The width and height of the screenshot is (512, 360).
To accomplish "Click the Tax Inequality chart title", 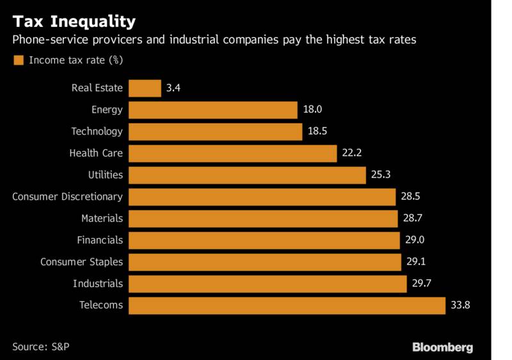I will tap(74, 21).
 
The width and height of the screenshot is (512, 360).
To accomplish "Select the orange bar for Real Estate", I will tap(145, 88).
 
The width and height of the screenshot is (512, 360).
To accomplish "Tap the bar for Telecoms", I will tap(287, 305).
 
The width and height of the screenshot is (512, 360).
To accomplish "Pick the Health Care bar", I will tap(232, 153).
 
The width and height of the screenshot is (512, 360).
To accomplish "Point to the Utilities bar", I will tap(247, 175).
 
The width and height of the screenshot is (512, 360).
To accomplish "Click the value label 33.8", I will tap(460, 305).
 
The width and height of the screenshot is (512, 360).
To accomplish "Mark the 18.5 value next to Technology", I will tap(318, 131).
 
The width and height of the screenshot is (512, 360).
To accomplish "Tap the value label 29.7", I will tap(422, 283).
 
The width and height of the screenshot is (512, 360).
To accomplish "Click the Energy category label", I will tap(107, 110).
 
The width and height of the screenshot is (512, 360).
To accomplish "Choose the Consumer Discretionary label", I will tap(67, 197).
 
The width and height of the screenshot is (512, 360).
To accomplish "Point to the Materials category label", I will tap(102, 218).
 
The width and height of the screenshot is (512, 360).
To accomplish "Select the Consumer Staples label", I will tap(81, 261).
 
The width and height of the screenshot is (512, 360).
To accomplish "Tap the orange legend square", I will tap(18, 61).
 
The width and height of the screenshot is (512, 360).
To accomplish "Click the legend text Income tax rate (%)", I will tap(76, 61).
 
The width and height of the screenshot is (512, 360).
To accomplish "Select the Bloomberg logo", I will tap(442, 347).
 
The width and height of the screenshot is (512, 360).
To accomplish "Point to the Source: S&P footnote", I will tap(40, 347).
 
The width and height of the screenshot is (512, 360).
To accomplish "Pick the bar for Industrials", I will tap(268, 283).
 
